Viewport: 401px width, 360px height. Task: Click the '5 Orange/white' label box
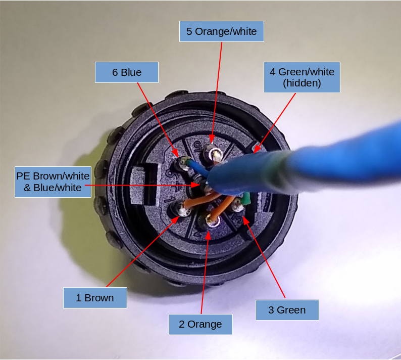[x=222, y=31]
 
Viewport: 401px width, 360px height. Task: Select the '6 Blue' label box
[x=127, y=72]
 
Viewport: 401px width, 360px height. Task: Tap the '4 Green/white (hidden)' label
[x=302, y=77]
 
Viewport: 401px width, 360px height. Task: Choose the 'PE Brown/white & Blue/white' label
[x=53, y=182]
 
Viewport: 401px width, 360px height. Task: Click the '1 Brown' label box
[x=95, y=298]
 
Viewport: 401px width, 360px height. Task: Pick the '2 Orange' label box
[x=201, y=324]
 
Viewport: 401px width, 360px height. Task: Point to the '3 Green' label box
[x=287, y=310]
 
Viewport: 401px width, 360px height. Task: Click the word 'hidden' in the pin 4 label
[x=302, y=83]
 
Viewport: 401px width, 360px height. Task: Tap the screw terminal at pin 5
[x=214, y=154]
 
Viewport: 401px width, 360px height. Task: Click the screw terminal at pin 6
[x=183, y=163]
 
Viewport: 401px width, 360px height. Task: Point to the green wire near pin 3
[x=246, y=199]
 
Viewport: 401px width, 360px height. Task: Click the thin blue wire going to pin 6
[x=197, y=168]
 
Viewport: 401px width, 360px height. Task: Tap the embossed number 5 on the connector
[x=197, y=147]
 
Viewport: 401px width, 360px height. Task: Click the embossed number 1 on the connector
[x=171, y=199]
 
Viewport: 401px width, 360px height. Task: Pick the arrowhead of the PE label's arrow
[x=196, y=185]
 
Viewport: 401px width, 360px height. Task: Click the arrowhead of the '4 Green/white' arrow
[x=257, y=150]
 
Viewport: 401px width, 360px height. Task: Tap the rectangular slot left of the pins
[x=144, y=184]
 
